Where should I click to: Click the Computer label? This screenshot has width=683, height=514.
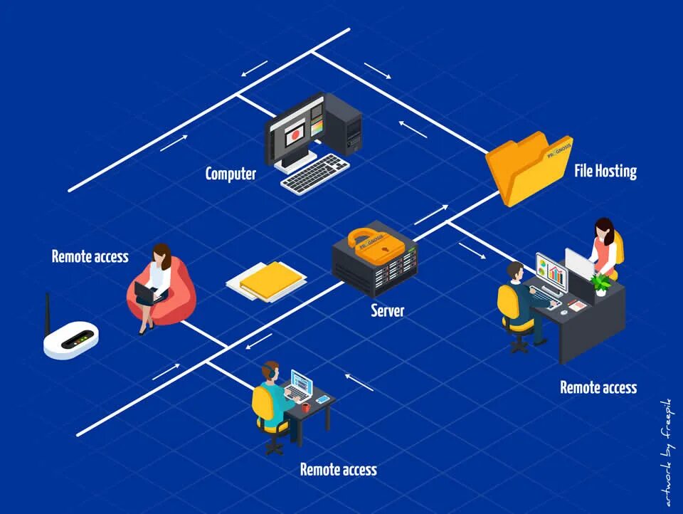231,173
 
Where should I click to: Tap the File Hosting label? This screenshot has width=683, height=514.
605,171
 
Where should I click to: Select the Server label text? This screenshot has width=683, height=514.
388,310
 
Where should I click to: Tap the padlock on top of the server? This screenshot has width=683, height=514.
367,241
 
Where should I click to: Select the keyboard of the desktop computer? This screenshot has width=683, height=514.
315,174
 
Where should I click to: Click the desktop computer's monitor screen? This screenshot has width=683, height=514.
293,135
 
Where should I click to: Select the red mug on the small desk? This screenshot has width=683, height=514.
305,407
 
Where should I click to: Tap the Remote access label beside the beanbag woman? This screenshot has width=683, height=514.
90,256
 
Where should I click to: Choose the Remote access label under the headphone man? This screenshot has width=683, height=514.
338,469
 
